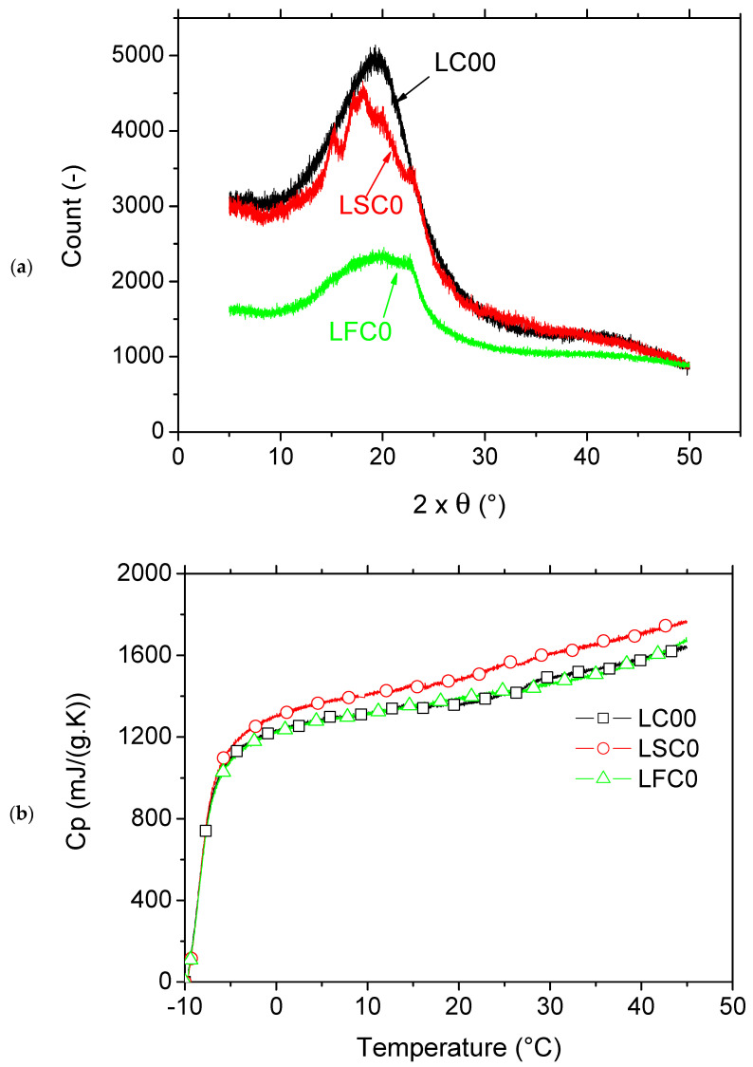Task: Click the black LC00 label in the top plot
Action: (x=467, y=66)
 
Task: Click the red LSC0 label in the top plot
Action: (x=361, y=204)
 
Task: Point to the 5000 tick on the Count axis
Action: (x=144, y=56)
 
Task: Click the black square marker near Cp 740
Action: (x=205, y=831)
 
